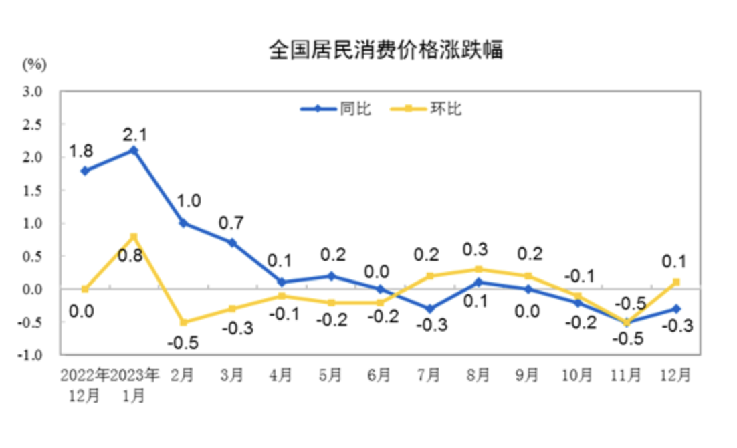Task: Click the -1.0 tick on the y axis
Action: (x=31, y=355)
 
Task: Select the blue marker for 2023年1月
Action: (x=134, y=150)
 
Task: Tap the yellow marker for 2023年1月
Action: (x=134, y=236)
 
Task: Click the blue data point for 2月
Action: (x=183, y=223)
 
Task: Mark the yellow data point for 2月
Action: (x=183, y=322)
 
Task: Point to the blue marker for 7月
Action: (x=429, y=309)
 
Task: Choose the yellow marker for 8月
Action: (x=479, y=269)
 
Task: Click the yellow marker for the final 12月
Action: (x=676, y=282)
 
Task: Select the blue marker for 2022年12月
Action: (x=85, y=171)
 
